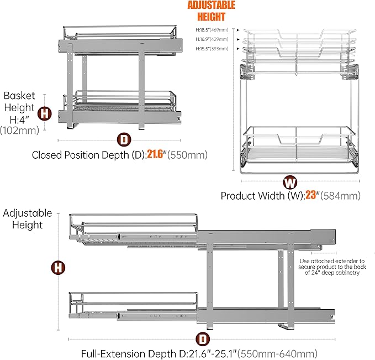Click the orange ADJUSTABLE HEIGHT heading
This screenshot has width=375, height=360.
click(x=212, y=11)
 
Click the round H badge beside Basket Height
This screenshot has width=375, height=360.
click(x=45, y=114)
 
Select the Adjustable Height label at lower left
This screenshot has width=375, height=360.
click(x=27, y=219)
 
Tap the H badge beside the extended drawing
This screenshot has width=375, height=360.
click(x=58, y=268)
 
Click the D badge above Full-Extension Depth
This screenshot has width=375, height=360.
click(x=203, y=337)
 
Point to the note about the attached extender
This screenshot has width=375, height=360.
click(x=332, y=270)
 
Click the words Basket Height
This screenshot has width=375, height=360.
click(x=19, y=101)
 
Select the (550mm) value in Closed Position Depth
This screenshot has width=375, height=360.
click(x=189, y=155)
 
